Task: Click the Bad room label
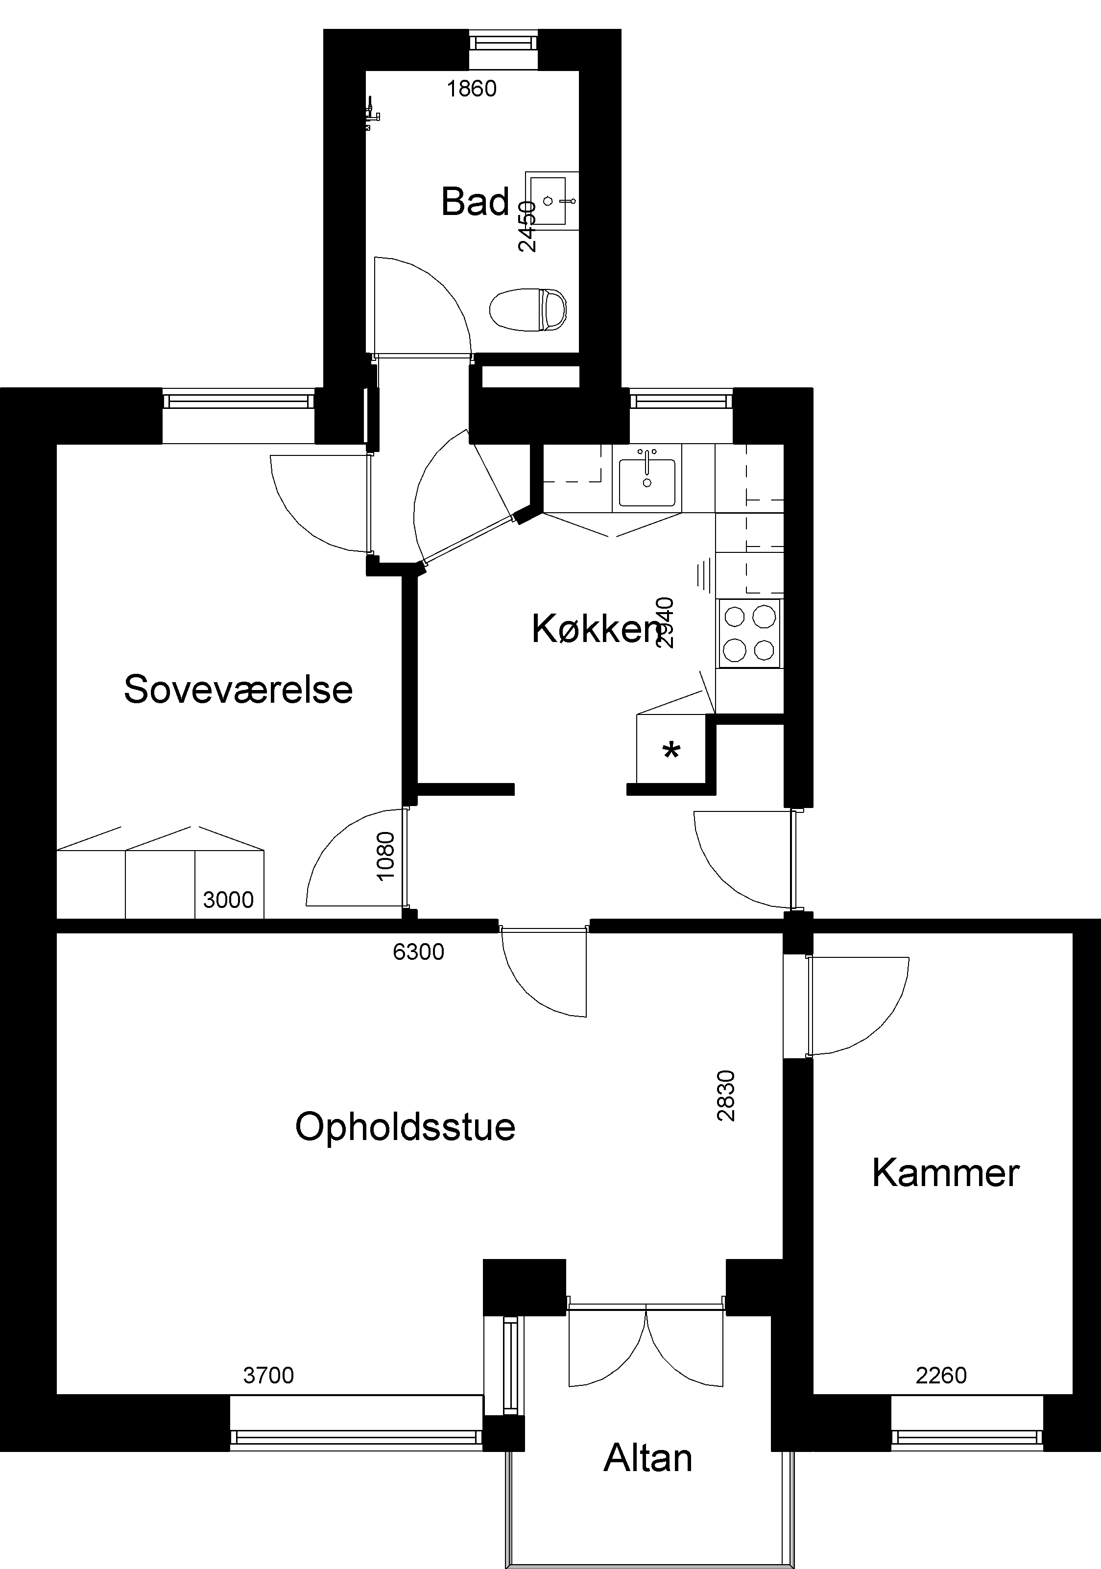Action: point(475,202)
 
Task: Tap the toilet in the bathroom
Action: point(529,309)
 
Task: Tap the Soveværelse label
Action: point(238,689)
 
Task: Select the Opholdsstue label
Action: point(405,1127)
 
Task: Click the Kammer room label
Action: point(946,1173)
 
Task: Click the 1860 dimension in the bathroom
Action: point(472,89)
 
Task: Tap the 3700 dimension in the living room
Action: point(268,1375)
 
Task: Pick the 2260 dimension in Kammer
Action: point(941,1375)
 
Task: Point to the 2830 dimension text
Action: point(726,1095)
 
